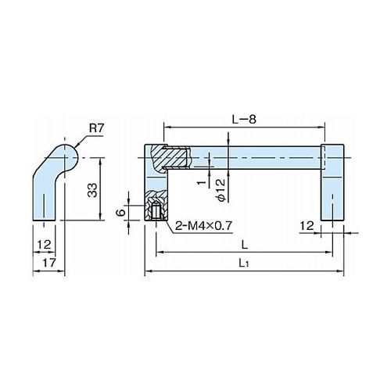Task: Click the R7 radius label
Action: pos(97,128)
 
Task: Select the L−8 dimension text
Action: pos(244,120)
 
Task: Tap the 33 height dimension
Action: pos(93,190)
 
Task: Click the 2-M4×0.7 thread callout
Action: pos(203,226)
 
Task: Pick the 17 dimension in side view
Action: pos(49,263)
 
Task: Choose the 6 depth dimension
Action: pos(121,213)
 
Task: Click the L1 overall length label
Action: pos(244,264)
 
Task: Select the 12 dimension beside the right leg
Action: pos(307,226)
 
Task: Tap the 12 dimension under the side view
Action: pos(44,245)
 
